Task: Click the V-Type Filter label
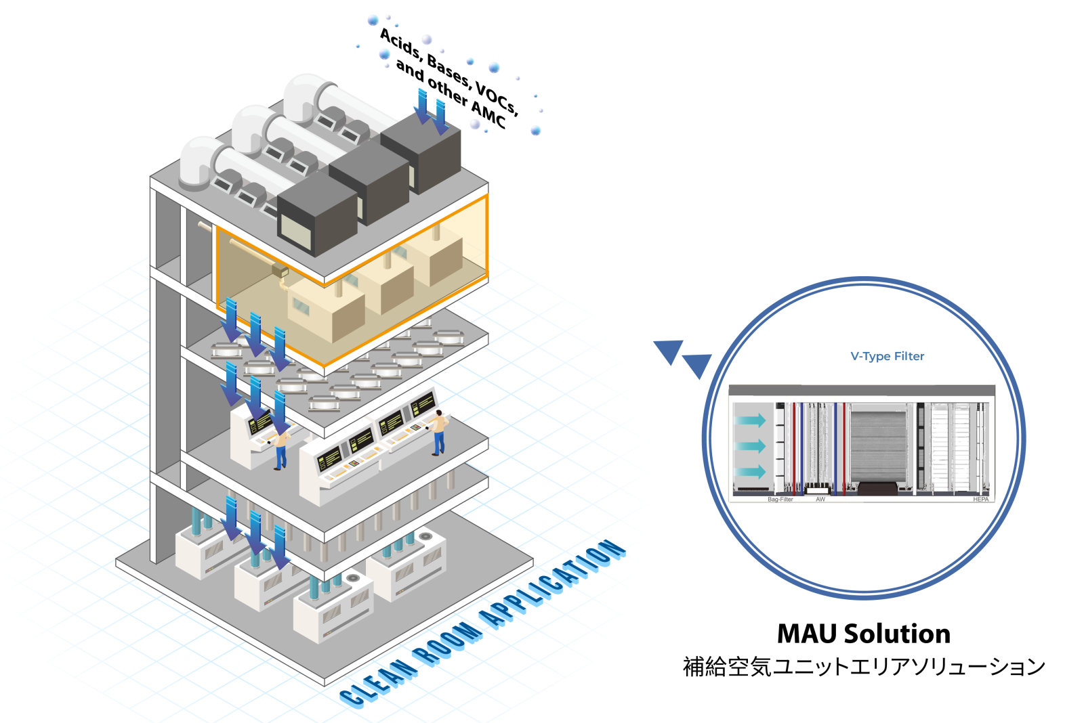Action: click(x=887, y=356)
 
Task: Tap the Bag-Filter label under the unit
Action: click(x=780, y=500)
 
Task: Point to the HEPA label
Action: click(x=980, y=500)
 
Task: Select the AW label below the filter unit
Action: click(x=820, y=500)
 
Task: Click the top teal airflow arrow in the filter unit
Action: click(x=751, y=420)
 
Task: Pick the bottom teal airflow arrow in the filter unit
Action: click(x=751, y=472)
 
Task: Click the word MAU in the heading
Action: click(x=808, y=634)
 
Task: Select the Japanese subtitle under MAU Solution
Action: click(x=864, y=667)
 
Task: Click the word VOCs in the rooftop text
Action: click(x=497, y=99)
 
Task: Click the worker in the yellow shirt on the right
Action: click(x=439, y=431)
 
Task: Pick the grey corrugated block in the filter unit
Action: click(x=878, y=443)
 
